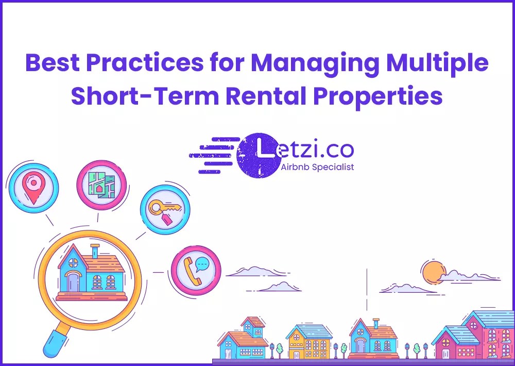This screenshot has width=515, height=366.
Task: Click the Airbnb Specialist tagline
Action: point(318,167)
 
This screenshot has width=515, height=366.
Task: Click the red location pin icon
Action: point(32,187)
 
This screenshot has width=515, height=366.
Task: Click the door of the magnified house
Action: point(73,282)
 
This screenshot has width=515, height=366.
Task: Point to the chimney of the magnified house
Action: point(95,251)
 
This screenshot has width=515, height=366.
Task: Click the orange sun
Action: point(432,272)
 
